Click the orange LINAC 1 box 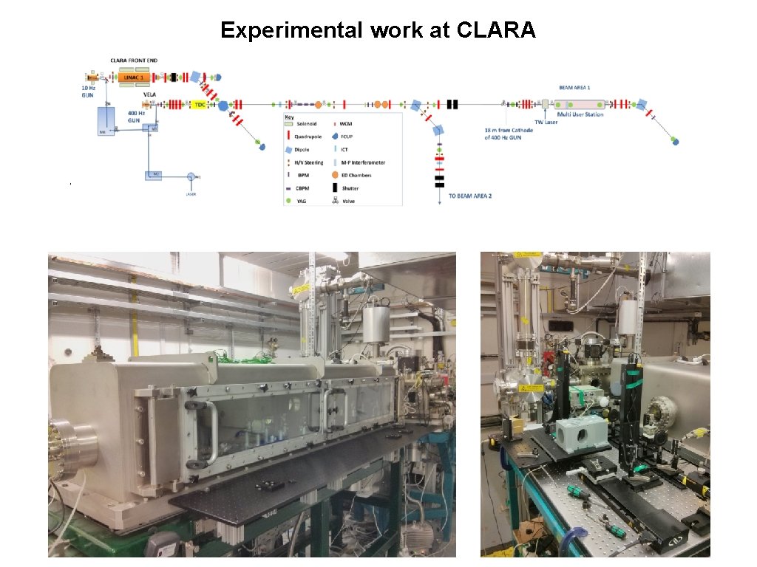[134, 77]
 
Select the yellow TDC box [200, 105]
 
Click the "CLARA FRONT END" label [134, 61]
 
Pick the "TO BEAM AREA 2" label [470, 196]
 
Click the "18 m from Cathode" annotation [502, 130]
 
